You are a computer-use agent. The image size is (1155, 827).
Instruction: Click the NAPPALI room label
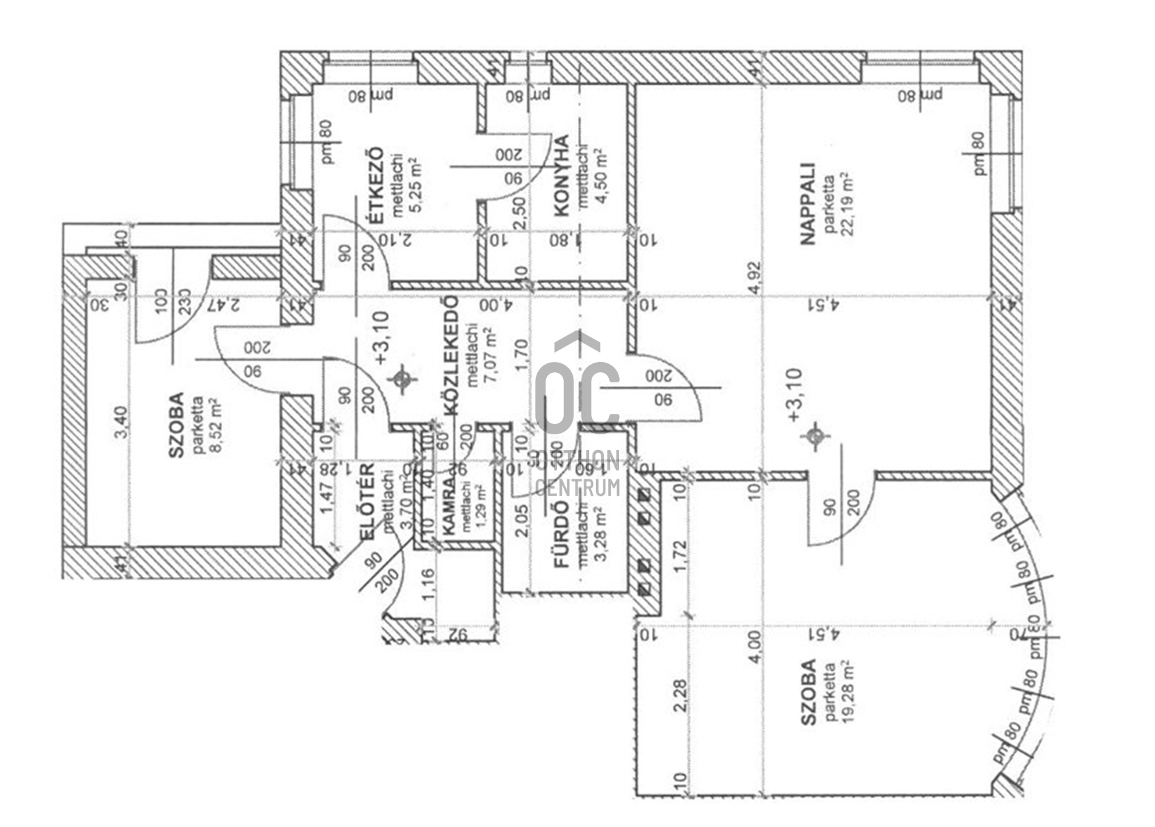pyautogui.click(x=808, y=203)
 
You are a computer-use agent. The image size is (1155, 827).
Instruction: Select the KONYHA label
pyautogui.click(x=562, y=176)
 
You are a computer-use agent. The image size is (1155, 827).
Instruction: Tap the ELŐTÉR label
pyautogui.click(x=366, y=503)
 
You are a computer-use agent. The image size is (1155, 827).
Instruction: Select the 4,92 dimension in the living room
pyautogui.click(x=754, y=277)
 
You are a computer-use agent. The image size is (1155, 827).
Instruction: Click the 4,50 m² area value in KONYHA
pyautogui.click(x=601, y=176)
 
